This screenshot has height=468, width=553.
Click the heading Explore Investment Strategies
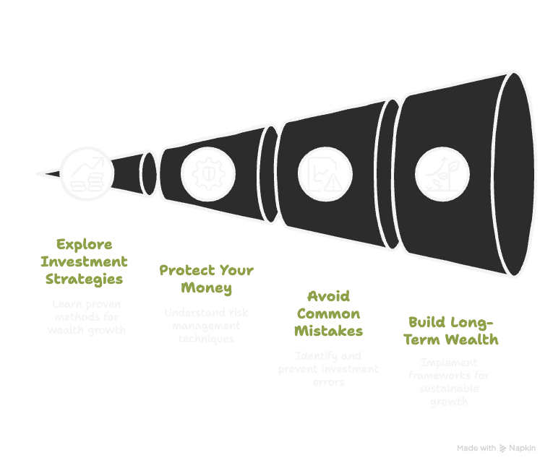tap(85, 261)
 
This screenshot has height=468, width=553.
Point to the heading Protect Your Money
tap(207, 279)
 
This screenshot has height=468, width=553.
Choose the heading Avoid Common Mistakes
tap(329, 313)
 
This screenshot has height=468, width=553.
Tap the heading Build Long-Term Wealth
tap(453, 330)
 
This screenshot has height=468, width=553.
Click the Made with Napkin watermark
tap(496, 448)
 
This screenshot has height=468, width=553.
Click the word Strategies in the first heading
tap(85, 279)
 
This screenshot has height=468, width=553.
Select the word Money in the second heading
tap(207, 288)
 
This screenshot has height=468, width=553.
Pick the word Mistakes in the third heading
tap(329, 331)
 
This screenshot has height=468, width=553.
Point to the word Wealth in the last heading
tap(475, 339)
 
